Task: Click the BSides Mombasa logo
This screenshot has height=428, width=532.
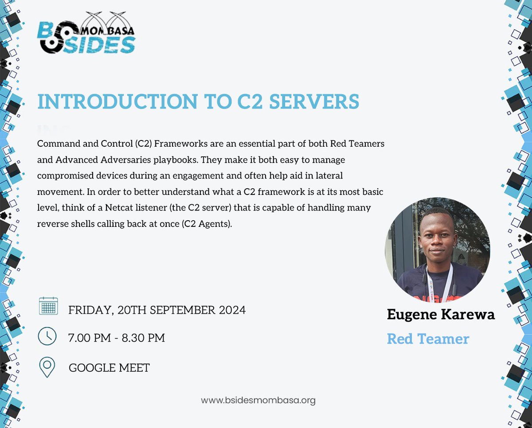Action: click(86, 36)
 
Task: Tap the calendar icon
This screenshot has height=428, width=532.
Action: click(48, 306)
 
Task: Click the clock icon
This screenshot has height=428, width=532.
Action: click(47, 336)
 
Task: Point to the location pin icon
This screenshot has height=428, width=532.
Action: click(47, 367)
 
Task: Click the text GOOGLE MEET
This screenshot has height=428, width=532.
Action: click(109, 368)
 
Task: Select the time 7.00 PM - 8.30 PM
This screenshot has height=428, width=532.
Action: click(117, 338)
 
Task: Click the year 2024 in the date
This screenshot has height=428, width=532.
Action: click(232, 310)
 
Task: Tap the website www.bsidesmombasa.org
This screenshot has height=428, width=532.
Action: click(258, 401)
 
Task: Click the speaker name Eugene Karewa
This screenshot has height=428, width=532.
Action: click(441, 315)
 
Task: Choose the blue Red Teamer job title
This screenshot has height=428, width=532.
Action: click(428, 339)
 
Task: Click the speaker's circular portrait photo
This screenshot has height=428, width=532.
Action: click(437, 250)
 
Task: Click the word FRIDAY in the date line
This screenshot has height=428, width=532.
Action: click(90, 310)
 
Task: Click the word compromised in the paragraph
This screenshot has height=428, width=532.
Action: click(65, 176)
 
